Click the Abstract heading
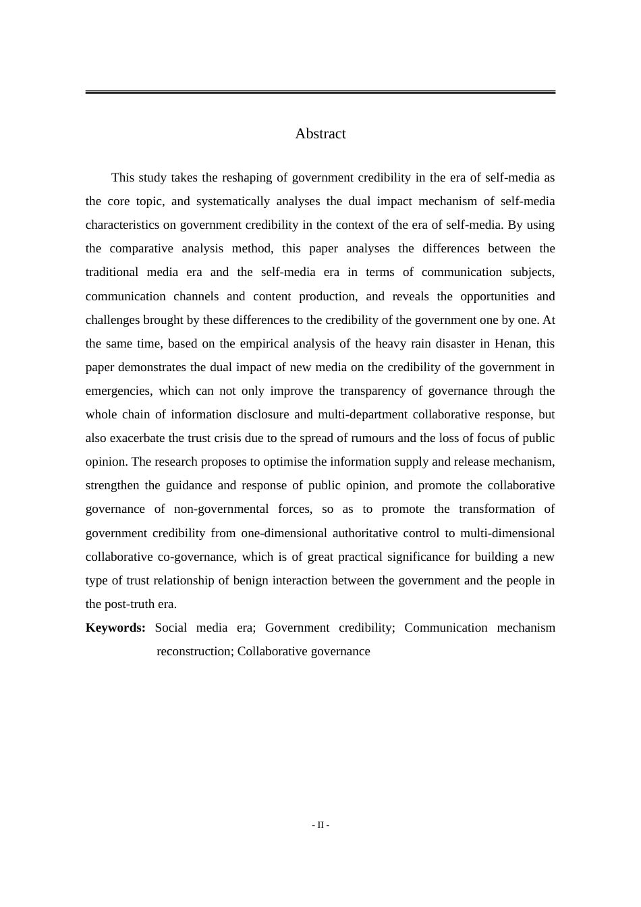coord(320,134)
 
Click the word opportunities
coord(495,296)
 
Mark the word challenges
coord(113,320)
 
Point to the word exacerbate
coord(138,438)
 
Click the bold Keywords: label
coord(115,628)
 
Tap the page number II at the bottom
coord(320,825)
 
